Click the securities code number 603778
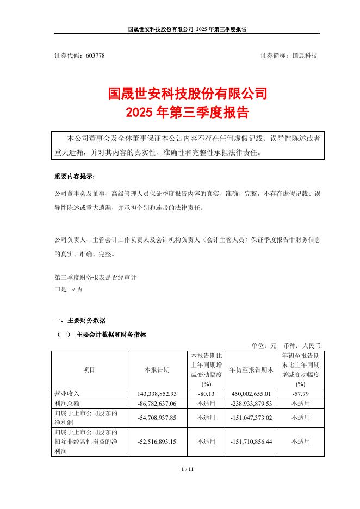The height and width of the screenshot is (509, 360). (x=95, y=56)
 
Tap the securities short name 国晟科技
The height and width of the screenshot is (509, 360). (x=305, y=56)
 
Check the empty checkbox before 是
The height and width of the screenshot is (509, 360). (x=57, y=290)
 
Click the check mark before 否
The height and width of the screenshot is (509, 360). (x=73, y=290)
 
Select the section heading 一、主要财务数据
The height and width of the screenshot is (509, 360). (x=80, y=320)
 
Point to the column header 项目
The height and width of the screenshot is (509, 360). (x=89, y=370)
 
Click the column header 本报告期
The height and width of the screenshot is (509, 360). (x=157, y=370)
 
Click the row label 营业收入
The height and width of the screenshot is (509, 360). (x=67, y=393)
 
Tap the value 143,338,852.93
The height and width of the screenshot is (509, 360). (x=157, y=393)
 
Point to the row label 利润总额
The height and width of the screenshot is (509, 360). (x=67, y=404)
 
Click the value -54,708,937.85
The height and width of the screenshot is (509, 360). (x=157, y=418)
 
